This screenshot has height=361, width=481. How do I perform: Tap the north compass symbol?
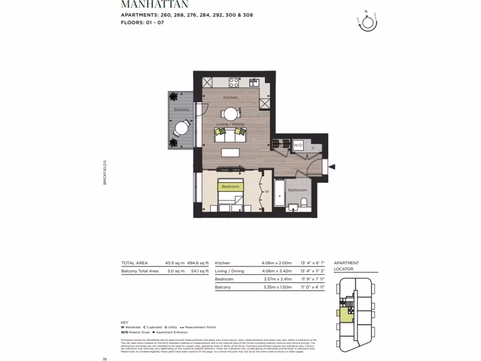[x=366, y=23]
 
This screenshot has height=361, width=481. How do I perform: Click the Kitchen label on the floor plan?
[x=230, y=97]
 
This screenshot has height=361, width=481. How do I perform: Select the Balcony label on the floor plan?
[x=181, y=110]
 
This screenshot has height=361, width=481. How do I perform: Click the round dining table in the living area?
[x=230, y=114]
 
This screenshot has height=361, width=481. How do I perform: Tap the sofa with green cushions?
[x=230, y=135]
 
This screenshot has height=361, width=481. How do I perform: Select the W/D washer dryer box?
[x=298, y=146]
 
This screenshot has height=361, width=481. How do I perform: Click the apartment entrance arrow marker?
[x=333, y=166]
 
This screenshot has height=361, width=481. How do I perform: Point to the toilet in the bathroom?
[x=304, y=202]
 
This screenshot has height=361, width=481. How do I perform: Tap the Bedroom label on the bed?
[x=230, y=187]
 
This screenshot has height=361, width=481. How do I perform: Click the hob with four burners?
[x=233, y=82]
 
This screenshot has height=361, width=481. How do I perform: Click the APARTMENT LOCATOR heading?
[x=346, y=266]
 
